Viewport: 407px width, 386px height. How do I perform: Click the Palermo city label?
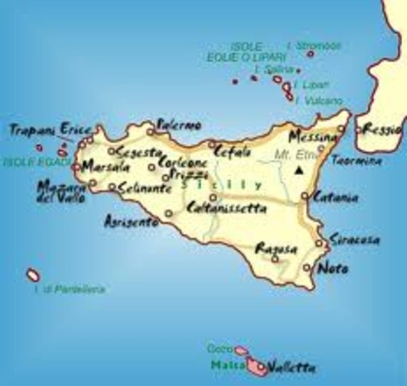[x=178, y=126]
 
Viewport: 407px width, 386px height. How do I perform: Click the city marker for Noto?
[x=308, y=268]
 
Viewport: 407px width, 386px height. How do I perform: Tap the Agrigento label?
[x=131, y=222]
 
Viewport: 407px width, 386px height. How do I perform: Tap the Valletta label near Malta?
[x=291, y=369]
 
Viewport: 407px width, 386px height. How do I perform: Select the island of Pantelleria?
[x=34, y=275]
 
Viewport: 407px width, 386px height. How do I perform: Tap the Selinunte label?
[x=143, y=187]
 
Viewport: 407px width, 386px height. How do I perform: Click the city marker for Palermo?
[x=150, y=131]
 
